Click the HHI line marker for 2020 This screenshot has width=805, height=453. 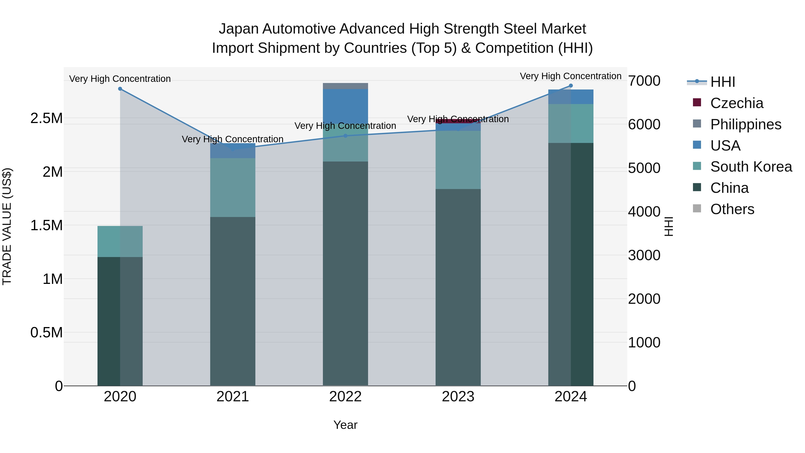[120, 89]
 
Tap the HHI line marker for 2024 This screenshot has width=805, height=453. [571, 86]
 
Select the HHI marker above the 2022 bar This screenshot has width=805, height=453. [345, 136]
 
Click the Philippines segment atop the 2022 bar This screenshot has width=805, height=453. [345, 86]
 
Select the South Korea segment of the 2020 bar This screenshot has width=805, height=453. [120, 241]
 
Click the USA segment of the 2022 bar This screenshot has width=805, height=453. [345, 106]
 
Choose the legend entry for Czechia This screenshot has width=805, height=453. [737, 103]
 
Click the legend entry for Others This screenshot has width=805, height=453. [732, 209]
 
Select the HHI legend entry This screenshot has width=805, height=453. [722, 82]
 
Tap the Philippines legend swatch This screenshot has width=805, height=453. [697, 124]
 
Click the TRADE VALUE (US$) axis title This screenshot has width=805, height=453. [7, 226]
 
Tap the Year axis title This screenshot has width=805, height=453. [345, 425]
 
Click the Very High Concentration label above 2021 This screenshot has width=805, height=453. [233, 139]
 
